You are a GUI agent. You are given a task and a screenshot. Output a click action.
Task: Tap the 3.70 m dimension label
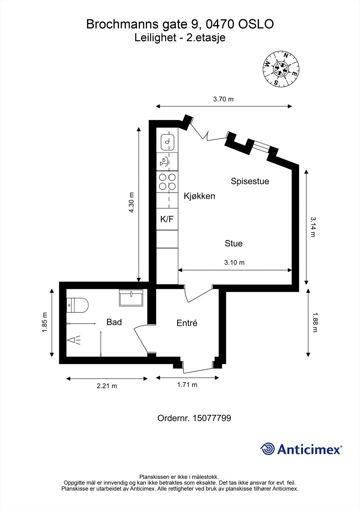223,99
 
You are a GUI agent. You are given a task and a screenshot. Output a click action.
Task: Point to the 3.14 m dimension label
313,227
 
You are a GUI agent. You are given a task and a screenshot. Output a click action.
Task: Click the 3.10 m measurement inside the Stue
234,263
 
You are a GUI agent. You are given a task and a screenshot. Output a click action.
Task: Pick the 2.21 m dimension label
107,386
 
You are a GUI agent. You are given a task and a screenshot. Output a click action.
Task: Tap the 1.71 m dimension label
187,385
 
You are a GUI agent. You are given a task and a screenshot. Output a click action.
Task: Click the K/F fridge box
167,219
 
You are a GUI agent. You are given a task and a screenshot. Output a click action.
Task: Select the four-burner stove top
167,182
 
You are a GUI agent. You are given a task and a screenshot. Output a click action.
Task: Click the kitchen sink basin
167,142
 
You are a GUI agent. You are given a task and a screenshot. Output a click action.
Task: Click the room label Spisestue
250,181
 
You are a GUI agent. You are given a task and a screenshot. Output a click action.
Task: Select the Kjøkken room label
199,196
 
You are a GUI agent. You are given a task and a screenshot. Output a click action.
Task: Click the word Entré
187,323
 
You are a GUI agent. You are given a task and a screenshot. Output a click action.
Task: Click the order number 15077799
212,418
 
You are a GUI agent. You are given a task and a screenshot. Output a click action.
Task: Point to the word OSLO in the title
256,24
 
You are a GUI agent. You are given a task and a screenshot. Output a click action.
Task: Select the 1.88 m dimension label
314,322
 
